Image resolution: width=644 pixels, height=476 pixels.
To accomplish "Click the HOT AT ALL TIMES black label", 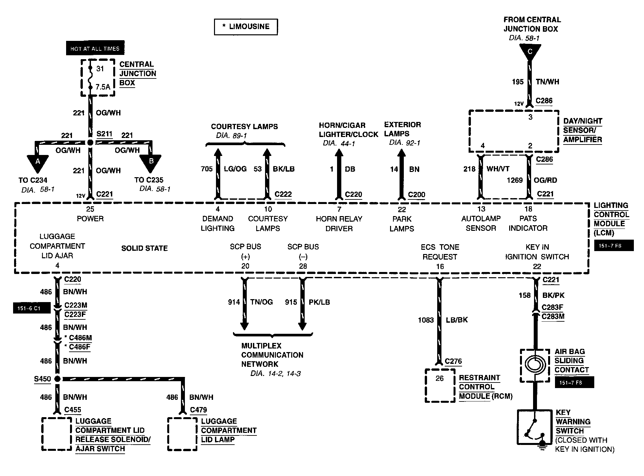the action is [x=95, y=48].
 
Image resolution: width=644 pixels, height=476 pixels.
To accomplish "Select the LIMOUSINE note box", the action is [x=246, y=27].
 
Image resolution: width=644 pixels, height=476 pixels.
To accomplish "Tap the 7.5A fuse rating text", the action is [x=103, y=87].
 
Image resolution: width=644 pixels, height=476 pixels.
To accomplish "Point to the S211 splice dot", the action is [x=90, y=143].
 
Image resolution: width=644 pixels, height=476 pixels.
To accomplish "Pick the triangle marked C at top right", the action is [x=530, y=52].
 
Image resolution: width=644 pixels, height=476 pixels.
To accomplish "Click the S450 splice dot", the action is [x=57, y=379].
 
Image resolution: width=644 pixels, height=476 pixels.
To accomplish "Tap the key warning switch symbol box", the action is [x=535, y=427].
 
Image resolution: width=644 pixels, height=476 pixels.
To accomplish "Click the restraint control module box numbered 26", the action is [x=440, y=385].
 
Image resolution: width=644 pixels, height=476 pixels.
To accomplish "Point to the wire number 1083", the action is [x=426, y=320].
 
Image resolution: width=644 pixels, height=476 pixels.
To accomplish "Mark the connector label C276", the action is [x=454, y=361].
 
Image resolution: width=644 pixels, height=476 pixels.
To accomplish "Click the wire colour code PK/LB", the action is [x=319, y=302].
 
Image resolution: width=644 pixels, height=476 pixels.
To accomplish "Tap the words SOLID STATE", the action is [x=145, y=248].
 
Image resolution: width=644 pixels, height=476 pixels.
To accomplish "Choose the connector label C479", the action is [x=199, y=410].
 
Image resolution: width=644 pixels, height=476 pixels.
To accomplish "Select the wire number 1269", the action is [x=515, y=180].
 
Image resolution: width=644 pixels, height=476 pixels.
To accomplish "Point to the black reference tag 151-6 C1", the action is [x=32, y=308].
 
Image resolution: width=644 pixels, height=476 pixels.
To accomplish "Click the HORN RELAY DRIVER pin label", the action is [x=339, y=224].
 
